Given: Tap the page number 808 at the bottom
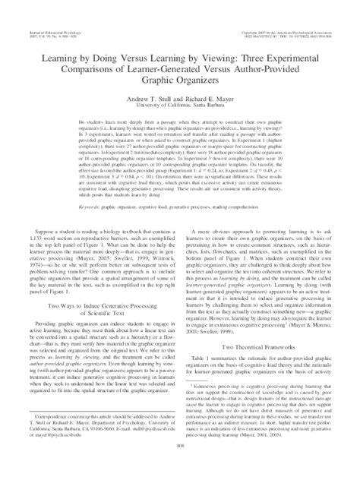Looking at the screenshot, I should pos(179,468).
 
